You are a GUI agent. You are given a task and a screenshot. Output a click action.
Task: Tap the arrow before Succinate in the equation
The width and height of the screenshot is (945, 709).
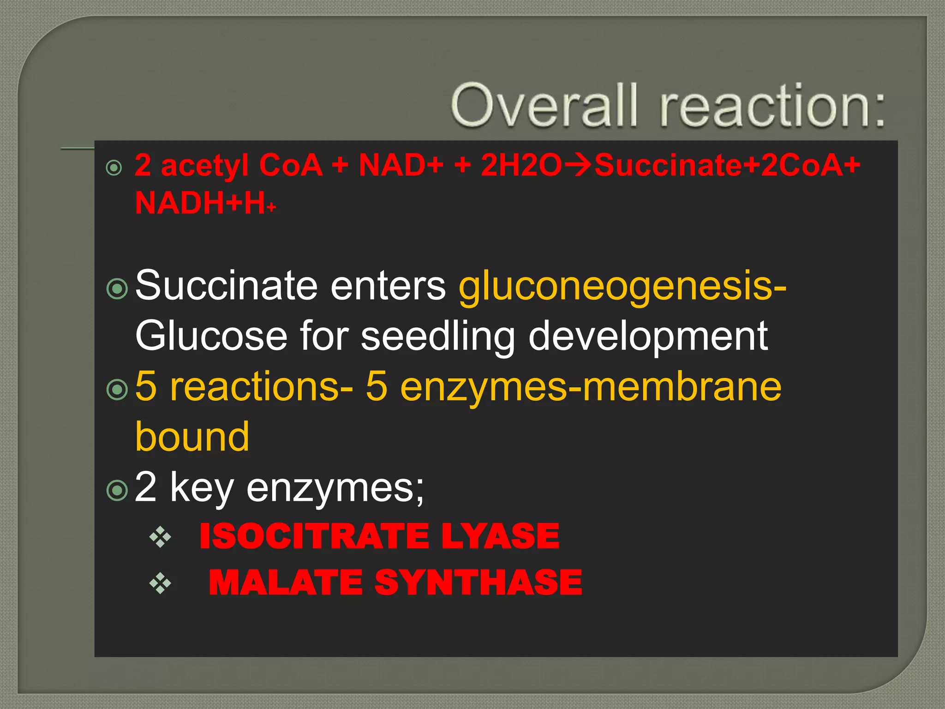pyautogui.click(x=578, y=165)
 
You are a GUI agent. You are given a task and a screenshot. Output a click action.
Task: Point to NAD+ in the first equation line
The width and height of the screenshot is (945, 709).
pyautogui.click(x=401, y=165)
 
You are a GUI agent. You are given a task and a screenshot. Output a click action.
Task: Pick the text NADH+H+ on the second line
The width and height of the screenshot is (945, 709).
pyautogui.click(x=205, y=203)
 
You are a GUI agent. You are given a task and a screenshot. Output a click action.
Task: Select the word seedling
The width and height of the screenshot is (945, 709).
pyautogui.click(x=437, y=336)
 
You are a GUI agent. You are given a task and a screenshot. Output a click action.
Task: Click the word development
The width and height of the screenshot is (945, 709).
pyautogui.click(x=648, y=336)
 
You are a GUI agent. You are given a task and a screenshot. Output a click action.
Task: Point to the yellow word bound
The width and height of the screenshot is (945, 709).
pyautogui.click(x=192, y=436)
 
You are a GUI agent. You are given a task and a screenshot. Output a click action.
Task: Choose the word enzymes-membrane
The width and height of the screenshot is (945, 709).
pyautogui.click(x=591, y=386)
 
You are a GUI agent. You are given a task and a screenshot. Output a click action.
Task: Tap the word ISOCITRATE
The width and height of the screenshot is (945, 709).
pyautogui.click(x=314, y=536)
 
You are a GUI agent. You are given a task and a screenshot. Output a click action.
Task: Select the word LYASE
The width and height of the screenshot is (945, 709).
pyautogui.click(x=500, y=536)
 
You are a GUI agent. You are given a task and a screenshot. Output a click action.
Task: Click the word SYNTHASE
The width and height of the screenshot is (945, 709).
pyautogui.click(x=478, y=583)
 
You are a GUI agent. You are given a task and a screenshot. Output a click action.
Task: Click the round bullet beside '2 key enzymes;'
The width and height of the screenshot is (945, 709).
pyautogui.click(x=117, y=490)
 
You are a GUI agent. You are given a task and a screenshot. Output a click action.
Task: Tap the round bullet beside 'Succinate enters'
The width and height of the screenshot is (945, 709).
pyautogui.click(x=117, y=289)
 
